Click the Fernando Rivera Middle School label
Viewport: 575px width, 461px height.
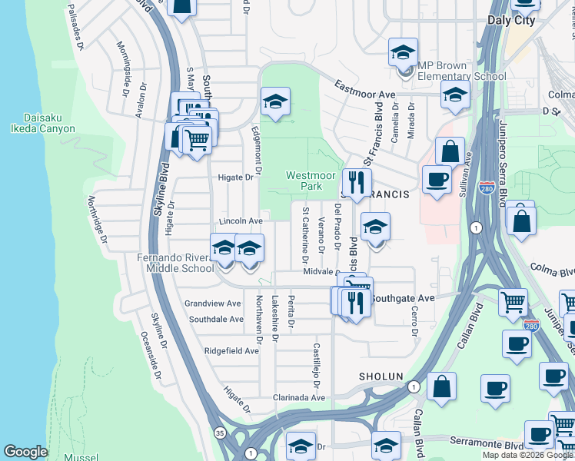pos(175,263)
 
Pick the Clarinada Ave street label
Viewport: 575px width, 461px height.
pos(299,398)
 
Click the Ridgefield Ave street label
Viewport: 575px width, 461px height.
pos(231,350)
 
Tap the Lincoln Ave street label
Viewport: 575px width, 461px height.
pos(235,221)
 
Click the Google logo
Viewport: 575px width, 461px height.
pos(25,452)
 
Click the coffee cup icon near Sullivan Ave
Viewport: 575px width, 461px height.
pos(437,180)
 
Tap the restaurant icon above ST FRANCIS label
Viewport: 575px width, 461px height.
pos(354,182)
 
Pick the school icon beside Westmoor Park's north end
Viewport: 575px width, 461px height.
pos(274,101)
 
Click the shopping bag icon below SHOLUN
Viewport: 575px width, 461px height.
pos(441,386)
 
